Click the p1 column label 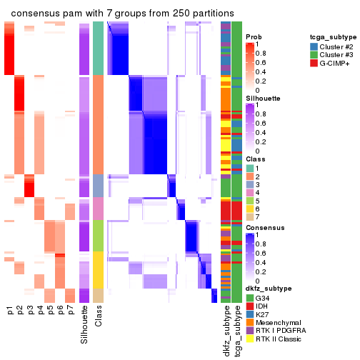10,311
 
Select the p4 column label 40,311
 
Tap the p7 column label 70,311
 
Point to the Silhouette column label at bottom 85,325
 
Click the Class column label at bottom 99,318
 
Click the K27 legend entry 265,314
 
